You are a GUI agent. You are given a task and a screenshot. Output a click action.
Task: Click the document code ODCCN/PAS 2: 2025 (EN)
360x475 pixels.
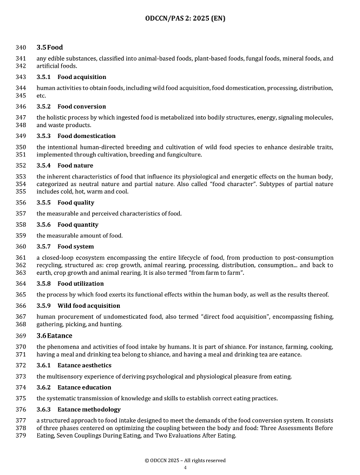point(185,18)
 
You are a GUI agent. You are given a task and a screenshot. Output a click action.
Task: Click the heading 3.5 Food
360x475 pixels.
point(49,48)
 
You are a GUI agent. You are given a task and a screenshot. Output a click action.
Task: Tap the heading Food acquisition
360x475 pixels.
point(82,77)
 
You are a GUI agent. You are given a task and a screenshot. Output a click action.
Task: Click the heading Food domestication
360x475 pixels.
point(86,136)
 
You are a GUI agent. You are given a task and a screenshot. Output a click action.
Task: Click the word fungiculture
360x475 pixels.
point(185,155)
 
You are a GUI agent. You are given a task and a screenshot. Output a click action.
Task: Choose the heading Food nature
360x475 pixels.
point(75,166)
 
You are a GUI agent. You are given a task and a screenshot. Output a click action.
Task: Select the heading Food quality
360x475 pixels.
point(76,203)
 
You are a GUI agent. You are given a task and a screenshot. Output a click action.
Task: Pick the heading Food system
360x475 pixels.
point(76,247)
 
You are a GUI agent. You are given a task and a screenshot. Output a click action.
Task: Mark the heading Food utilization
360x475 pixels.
point(81,283)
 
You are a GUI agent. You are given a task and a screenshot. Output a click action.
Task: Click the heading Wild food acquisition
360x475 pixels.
point(89,306)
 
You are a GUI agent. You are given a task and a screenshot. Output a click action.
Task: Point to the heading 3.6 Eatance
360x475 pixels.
point(54,335)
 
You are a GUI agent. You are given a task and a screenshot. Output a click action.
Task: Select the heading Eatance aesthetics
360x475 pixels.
point(84,365)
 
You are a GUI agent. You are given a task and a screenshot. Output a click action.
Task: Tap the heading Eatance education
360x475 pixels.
point(84,387)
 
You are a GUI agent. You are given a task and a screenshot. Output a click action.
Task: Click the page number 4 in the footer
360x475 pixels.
point(185,468)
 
